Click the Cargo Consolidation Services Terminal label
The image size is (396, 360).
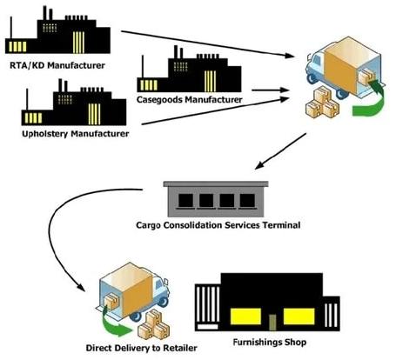[x=218, y=225]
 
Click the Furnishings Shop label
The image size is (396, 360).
[x=271, y=344]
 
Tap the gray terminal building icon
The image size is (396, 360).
[x=218, y=198]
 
